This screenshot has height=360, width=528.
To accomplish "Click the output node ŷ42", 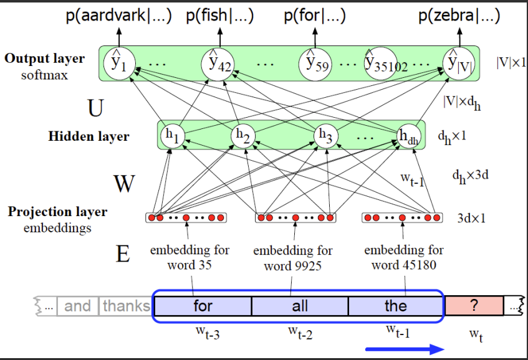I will tap(217, 62).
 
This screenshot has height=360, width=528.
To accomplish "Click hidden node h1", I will tap(171, 135).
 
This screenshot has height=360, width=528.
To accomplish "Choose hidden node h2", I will tap(244, 135).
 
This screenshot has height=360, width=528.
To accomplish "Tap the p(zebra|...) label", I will tap(459, 16).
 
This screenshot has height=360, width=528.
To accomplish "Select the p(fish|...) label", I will tap(219, 16).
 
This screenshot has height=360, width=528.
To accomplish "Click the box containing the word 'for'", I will tap(203, 306).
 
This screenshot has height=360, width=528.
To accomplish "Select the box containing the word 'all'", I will tap(300, 306).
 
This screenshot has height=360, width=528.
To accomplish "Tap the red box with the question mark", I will tap(474, 306).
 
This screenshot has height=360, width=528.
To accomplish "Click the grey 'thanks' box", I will tap(127, 306).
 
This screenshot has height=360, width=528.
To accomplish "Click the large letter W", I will tap(125, 184).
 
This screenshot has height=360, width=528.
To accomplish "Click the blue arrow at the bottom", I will tap(405, 349).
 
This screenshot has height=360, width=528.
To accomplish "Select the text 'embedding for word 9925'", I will tap(292, 258).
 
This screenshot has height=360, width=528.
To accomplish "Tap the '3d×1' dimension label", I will tap(471, 219).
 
